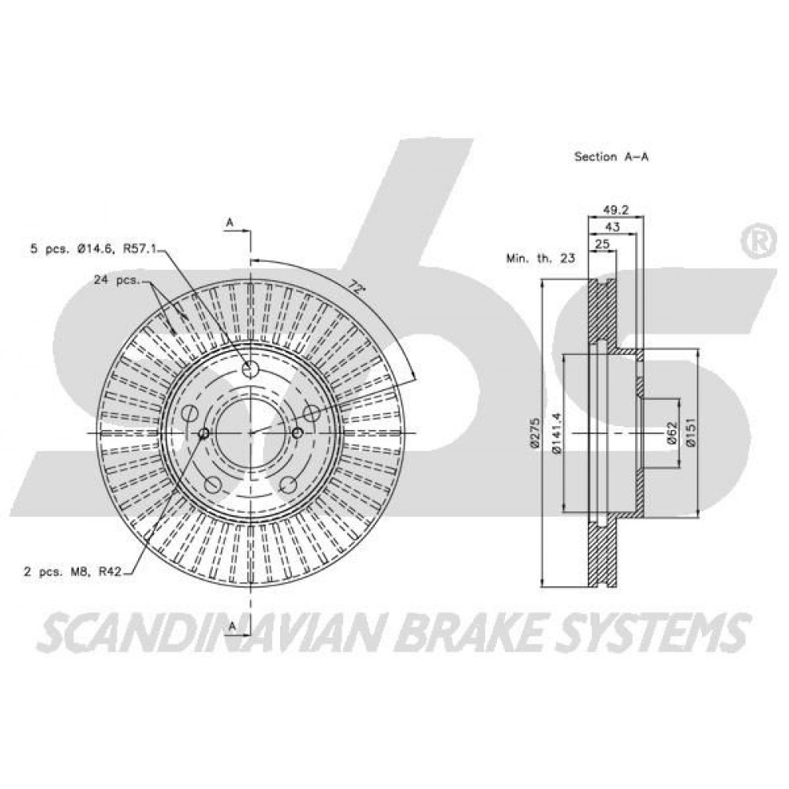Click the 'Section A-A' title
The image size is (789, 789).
coord(611,156)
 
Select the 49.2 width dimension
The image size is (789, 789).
coord(616,210)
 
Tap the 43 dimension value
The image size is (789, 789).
coord(612,227)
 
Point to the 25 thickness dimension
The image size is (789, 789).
coord(602,244)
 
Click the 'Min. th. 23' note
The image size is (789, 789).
coord(540,259)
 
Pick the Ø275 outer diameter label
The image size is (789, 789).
coord(534,432)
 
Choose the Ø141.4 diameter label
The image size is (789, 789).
coord(556,434)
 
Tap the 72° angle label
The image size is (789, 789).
coord(357,288)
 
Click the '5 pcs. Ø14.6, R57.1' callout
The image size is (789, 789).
coord(94,248)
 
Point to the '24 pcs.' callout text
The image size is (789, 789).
coord(116,280)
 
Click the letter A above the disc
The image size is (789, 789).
coord(230,222)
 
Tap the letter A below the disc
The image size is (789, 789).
coord(232,626)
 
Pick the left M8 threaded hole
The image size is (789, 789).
coord(204,432)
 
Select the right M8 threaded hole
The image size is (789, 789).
coord(297,432)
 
